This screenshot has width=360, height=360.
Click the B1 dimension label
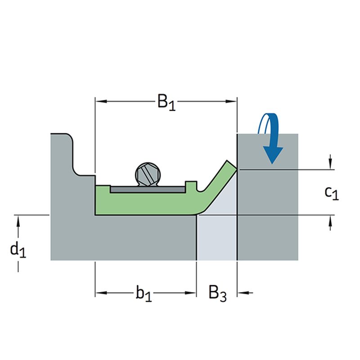point(166,103)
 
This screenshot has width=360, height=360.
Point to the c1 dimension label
point(331,192)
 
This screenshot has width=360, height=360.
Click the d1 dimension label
point(18,250)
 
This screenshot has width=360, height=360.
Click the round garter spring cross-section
point(148,174)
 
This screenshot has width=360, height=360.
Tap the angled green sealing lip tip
point(229,166)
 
